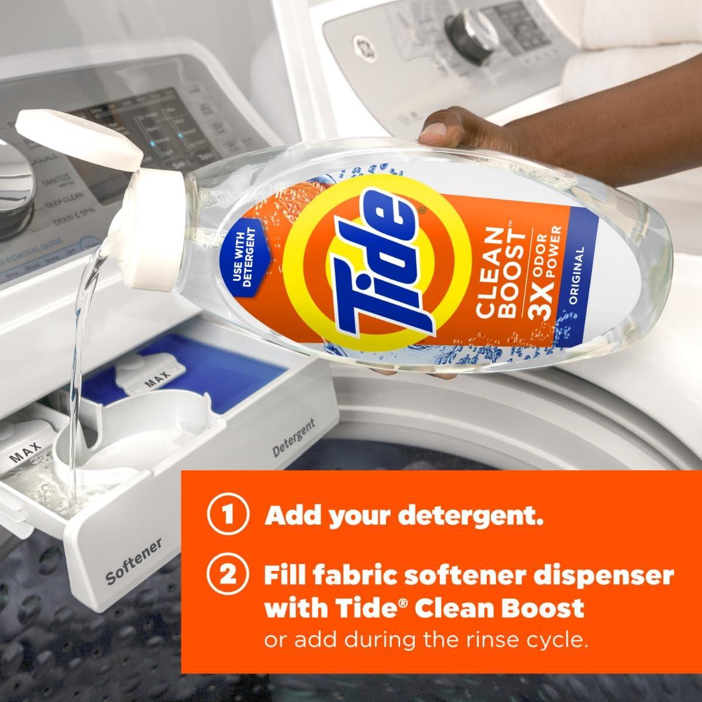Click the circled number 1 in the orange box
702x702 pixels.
[x=226, y=517]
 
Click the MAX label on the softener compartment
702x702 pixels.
[x=26, y=455]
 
